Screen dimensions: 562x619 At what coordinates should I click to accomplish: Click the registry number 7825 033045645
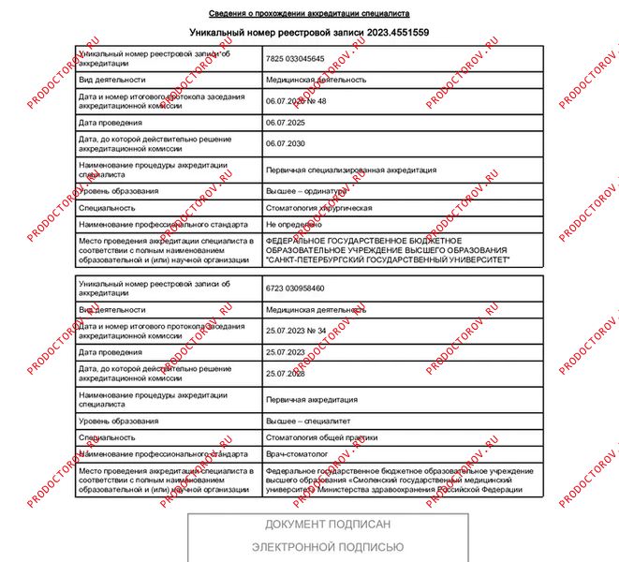tap(295, 59)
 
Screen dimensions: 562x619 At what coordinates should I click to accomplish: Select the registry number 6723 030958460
tap(295, 288)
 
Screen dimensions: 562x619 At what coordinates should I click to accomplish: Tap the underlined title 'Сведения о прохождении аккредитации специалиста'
tap(308, 14)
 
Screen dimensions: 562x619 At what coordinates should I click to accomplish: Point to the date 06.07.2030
tap(286, 144)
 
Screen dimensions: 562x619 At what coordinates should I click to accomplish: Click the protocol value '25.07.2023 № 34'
tap(296, 331)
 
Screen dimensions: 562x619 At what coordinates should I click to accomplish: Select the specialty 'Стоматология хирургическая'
tap(319, 208)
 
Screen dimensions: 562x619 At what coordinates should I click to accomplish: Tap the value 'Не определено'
tap(293, 225)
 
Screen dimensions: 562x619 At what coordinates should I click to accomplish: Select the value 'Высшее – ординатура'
tap(309, 191)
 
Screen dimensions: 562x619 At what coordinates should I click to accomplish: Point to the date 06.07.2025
tap(286, 123)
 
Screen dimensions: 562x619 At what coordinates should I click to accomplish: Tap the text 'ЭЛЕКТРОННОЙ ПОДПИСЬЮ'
tap(328, 547)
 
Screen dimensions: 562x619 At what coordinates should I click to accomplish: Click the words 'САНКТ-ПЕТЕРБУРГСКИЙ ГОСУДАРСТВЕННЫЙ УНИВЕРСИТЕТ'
tap(388, 259)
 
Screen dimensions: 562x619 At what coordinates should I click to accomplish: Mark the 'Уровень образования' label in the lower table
tap(119, 421)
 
